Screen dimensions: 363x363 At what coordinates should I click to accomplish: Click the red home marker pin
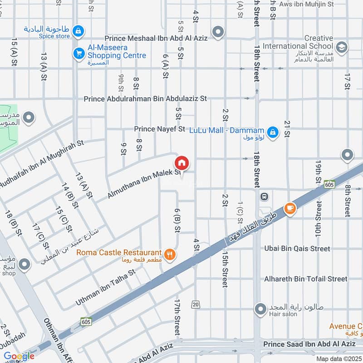coord(182,163)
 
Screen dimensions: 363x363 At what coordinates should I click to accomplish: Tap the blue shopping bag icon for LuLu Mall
coord(272,132)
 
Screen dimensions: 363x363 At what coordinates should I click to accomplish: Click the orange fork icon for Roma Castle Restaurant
coord(170,255)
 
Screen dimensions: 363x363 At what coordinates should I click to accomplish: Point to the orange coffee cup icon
coord(289,208)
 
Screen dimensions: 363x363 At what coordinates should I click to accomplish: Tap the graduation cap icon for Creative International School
coord(342,46)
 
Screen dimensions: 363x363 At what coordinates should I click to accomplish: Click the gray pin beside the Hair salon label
coord(260,309)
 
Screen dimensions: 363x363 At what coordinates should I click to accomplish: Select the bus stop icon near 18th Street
coord(263,197)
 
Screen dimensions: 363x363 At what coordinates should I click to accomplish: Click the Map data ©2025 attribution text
coord(339,358)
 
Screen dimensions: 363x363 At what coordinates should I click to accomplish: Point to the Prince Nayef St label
coord(160,129)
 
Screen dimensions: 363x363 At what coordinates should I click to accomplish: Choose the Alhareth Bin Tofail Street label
coord(305,279)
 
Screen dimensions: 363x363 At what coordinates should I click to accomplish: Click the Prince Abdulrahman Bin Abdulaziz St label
coord(145,98)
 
